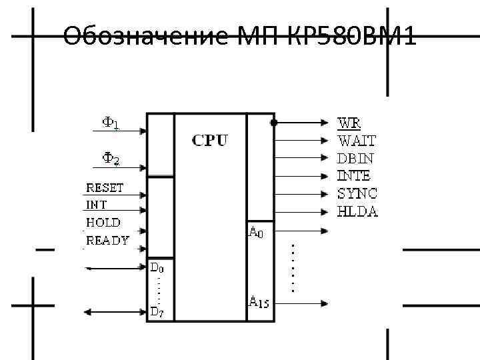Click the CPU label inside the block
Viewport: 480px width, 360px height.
pyautogui.click(x=210, y=141)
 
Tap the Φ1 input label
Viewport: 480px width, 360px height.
pyautogui.click(x=110, y=123)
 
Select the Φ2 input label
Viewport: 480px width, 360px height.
pyautogui.click(x=110, y=159)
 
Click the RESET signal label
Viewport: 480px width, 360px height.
pyautogui.click(x=105, y=188)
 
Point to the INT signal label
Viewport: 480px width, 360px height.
pyautogui.click(x=96, y=205)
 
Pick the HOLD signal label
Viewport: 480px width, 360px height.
pyautogui.click(x=103, y=223)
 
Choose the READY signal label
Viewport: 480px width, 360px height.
pyautogui.click(x=107, y=241)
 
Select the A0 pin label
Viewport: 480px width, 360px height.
pyautogui.click(x=256, y=232)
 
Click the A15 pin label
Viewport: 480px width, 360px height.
pyautogui.click(x=259, y=301)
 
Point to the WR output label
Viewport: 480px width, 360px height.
pyautogui.click(x=350, y=123)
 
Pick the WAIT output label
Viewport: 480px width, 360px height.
pyautogui.click(x=357, y=141)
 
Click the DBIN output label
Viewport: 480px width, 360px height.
pyautogui.click(x=355, y=159)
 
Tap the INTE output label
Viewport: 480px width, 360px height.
pyautogui.click(x=354, y=176)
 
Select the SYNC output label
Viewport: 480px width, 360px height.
pyautogui.click(x=357, y=194)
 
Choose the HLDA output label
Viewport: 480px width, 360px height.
pyautogui.click(x=357, y=211)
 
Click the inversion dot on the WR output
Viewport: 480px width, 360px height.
pyautogui.click(x=274, y=123)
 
